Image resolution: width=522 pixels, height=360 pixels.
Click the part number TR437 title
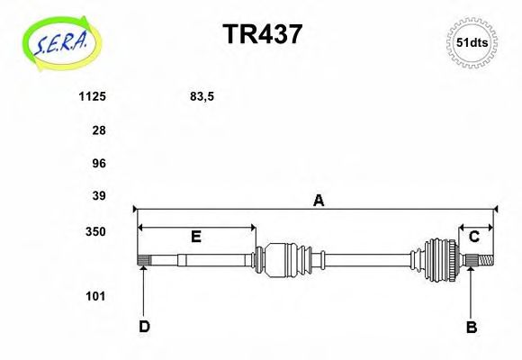coord(262,33)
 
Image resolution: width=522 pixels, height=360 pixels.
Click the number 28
coord(99,130)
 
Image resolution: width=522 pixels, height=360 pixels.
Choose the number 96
coord(99,164)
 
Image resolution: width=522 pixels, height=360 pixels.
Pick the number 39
coord(99,196)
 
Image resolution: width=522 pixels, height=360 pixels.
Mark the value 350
coord(95,231)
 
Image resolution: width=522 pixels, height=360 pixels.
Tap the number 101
coord(95,296)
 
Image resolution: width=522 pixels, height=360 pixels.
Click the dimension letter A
coord(317,202)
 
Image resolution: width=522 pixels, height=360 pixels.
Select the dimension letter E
coord(195,237)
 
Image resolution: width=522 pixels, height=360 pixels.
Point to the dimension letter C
coord(473,237)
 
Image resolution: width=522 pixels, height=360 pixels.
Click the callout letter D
coord(144,327)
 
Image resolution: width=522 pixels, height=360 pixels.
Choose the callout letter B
coord(471,328)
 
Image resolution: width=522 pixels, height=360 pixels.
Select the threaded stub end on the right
coord(487,261)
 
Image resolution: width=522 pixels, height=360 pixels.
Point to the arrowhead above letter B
coord(470,274)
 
